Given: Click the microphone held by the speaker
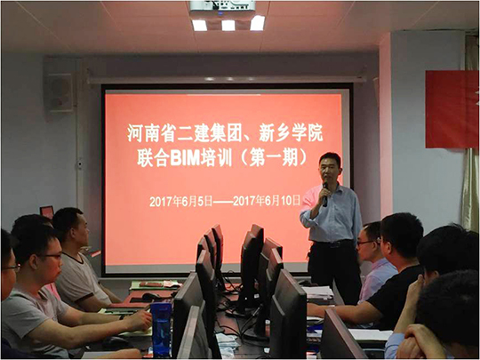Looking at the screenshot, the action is tap(324, 195).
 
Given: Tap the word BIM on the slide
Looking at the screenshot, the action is tap(185, 159).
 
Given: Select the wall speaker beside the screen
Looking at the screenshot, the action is tap(59, 92).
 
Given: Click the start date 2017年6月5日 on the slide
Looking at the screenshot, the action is tap(181, 202).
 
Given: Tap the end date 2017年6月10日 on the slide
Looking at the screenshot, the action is tap(267, 201).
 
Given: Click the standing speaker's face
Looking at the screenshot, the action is tap(329, 169).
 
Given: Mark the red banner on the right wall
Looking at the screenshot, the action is tap(452, 109).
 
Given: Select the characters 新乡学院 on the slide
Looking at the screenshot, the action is tap(291, 135).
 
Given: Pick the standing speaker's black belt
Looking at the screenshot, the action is tap(333, 244).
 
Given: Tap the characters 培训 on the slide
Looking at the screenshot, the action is tap(216, 159).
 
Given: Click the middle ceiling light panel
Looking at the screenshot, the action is tap(228, 25).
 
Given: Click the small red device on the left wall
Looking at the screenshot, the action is tap(47, 212).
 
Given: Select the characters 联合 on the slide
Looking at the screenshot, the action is tap(153, 159).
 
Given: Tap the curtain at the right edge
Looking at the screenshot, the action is tap(471, 132).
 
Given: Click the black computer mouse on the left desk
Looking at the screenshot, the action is tap(151, 296).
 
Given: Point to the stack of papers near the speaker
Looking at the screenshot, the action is tap(317, 292).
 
